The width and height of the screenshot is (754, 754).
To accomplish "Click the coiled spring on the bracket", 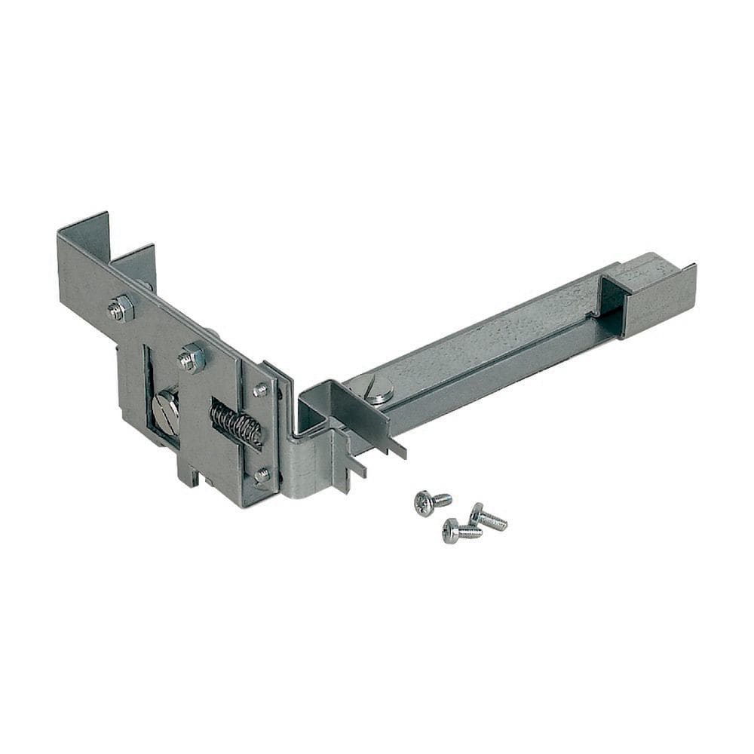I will (x=236, y=424).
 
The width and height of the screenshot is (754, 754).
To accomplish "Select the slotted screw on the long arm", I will (x=375, y=389).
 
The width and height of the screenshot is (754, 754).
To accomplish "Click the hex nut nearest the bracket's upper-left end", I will (x=121, y=308).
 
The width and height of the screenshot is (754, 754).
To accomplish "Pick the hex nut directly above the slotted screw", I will (x=192, y=357).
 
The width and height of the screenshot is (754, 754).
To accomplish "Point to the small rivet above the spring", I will (x=260, y=390).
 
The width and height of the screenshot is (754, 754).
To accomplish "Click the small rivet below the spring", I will (x=262, y=475).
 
